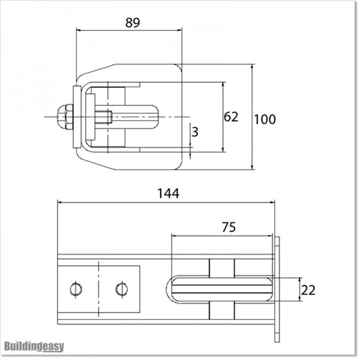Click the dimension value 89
(133, 23)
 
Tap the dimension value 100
(265, 119)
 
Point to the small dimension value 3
(194, 132)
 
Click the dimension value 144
(168, 193)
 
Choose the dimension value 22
(308, 290)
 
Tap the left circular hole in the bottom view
(75, 289)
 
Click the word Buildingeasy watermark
(34, 346)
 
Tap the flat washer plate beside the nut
(76, 117)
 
